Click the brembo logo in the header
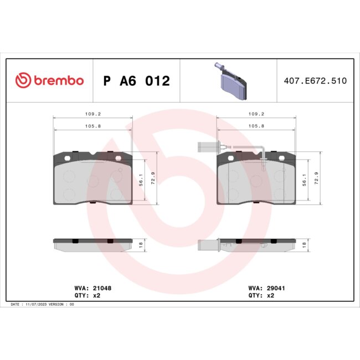pos(49,80)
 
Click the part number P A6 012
pos(136,81)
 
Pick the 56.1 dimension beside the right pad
pos(304,181)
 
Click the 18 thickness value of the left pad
pos(141,244)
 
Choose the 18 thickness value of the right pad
pos(304,244)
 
